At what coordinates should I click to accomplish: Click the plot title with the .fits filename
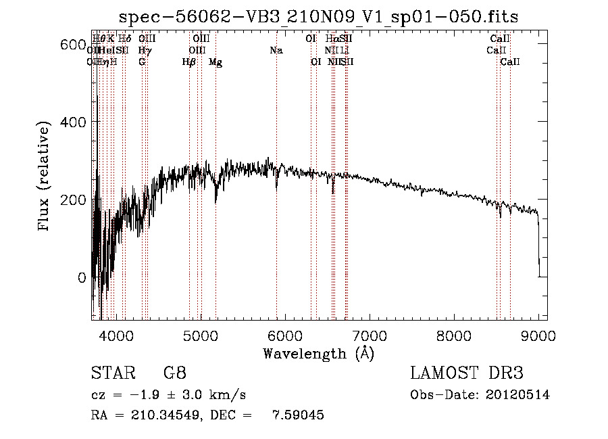coord(318,18)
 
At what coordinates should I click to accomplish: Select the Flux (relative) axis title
coord(45,177)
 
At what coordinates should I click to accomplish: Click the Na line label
coord(276,50)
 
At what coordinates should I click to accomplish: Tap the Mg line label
coord(216,62)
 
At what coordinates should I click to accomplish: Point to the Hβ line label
coord(189,62)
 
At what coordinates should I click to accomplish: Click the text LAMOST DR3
coord(466,373)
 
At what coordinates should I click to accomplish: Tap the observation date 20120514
coord(517,394)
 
